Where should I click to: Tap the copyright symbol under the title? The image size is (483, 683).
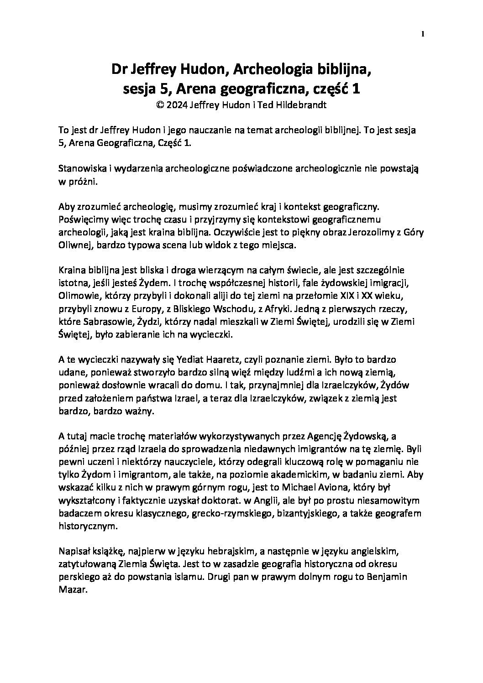[160, 104]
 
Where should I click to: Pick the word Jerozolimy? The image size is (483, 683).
[366, 232]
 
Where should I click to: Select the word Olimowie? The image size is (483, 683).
[77, 297]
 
